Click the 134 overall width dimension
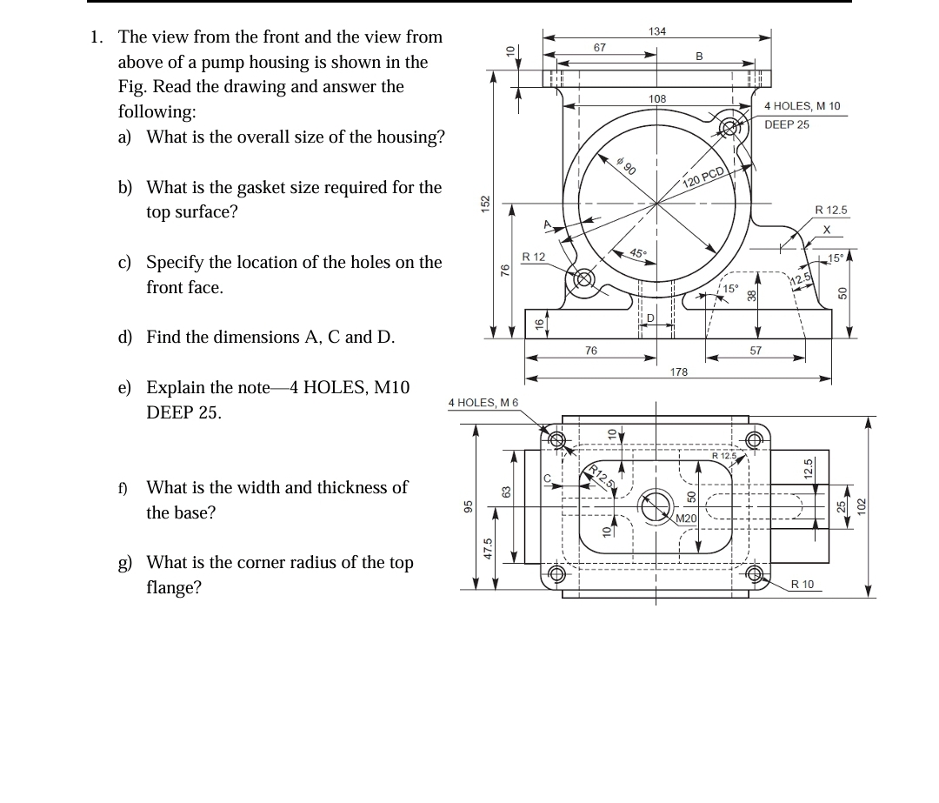pos(657,31)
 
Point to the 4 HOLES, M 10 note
pos(802,106)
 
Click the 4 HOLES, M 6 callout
pos(483,402)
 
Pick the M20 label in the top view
pos(687,519)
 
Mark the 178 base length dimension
pos(679,371)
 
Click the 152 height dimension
pos(487,203)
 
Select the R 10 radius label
pos(802,585)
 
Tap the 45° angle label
pos(637,254)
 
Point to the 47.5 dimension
pos(488,551)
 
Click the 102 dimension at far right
pos(862,505)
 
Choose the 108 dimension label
pos(657,99)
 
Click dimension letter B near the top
pos(698,57)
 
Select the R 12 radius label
pos(533,257)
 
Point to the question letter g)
pos(125,563)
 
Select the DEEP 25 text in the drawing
pos(786,124)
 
